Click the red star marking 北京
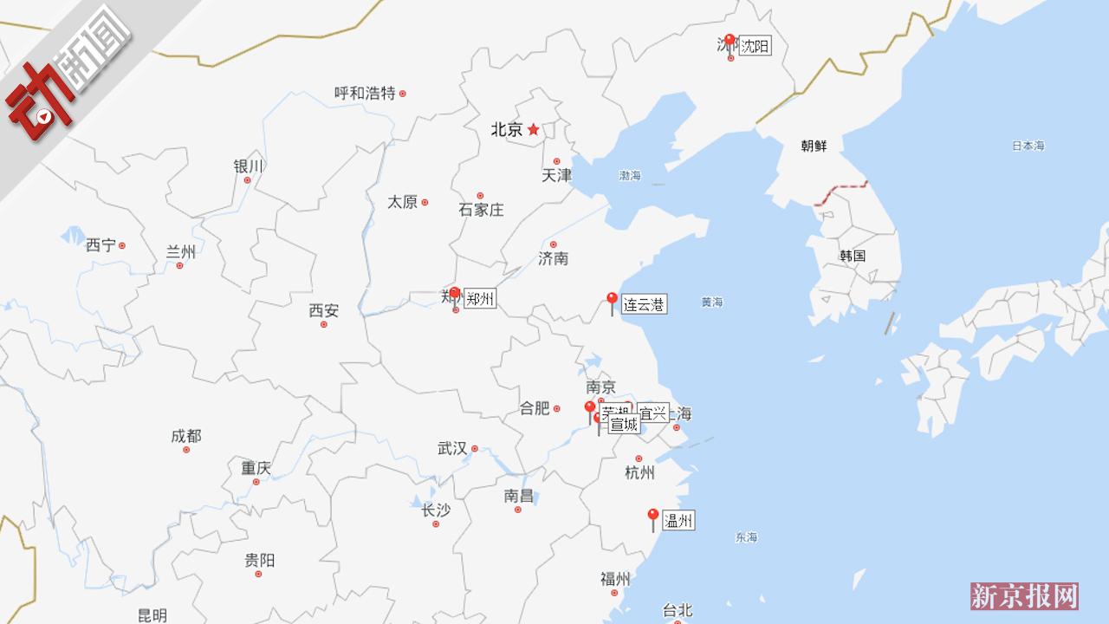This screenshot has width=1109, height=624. (534, 130)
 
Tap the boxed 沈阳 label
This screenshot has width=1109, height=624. (755, 46)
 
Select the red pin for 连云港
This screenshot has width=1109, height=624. (612, 300)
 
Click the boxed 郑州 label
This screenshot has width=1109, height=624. (480, 299)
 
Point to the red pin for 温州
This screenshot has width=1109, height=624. (653, 517)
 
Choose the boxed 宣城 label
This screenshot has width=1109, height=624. (624, 425)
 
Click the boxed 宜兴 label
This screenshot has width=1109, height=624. (652, 413)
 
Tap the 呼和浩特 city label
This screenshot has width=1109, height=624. (365, 93)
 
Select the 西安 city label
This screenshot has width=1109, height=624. (324, 310)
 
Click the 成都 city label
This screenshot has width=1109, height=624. (186, 436)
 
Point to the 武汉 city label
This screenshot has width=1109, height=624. (452, 448)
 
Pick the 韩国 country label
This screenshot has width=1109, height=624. (853, 256)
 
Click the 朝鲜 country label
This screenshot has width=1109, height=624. (814, 146)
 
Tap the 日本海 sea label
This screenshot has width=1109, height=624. (1028, 146)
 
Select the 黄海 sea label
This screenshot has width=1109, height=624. (712, 302)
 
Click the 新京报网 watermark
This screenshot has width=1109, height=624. (1024, 596)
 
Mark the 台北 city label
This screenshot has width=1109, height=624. (678, 610)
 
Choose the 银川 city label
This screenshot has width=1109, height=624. (248, 166)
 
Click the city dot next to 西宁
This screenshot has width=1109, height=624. (122, 245)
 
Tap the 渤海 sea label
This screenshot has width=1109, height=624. (630, 176)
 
